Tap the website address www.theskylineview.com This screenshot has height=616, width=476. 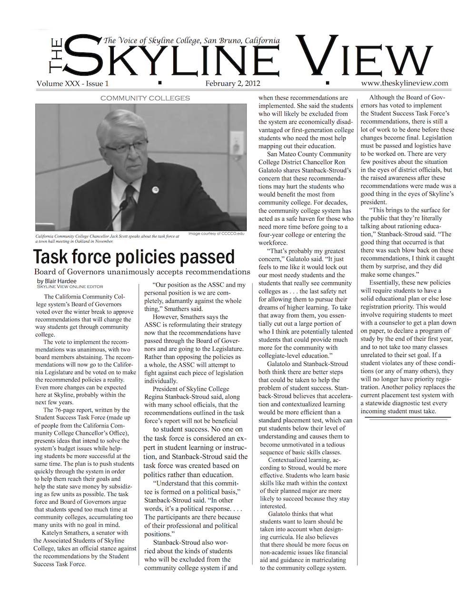click(x=405, y=83)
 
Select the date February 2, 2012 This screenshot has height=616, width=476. click(x=233, y=83)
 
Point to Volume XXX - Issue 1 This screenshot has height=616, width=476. click(x=72, y=84)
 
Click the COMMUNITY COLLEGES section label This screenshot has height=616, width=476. click(x=145, y=98)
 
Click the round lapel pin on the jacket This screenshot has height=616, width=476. click(x=155, y=189)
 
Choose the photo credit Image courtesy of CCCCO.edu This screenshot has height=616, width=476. click(x=216, y=233)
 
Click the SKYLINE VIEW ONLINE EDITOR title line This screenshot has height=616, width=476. click(x=69, y=287)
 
